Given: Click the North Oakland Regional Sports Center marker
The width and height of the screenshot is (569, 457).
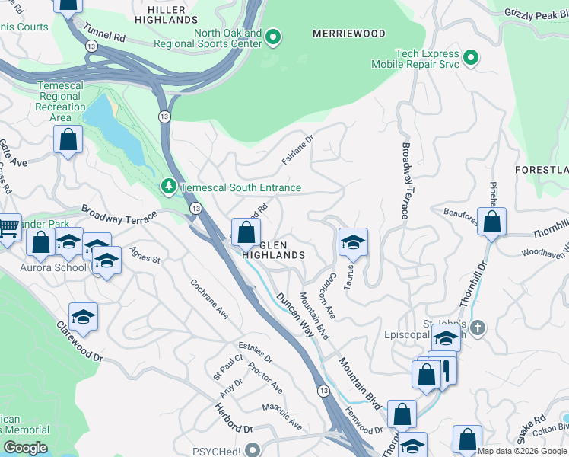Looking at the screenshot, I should pyautogui.click(x=274, y=36).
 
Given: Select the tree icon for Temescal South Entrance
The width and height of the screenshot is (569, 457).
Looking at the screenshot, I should pyautogui.click(x=167, y=187).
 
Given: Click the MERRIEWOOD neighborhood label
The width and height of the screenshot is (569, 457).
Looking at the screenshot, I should pyautogui.click(x=349, y=34).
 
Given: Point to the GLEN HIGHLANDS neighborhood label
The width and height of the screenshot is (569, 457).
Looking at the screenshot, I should pyautogui.click(x=274, y=250).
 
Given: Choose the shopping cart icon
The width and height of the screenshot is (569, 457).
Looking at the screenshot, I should pyautogui.click(x=8, y=227).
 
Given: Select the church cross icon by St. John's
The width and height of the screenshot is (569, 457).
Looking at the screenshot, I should pyautogui.click(x=477, y=328).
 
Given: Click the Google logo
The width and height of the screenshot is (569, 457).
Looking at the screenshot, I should pyautogui.click(x=26, y=448).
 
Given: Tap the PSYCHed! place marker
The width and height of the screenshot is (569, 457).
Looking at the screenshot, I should pyautogui.click(x=253, y=449).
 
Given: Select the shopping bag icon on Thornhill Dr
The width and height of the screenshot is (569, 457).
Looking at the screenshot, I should pyautogui.click(x=492, y=222).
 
